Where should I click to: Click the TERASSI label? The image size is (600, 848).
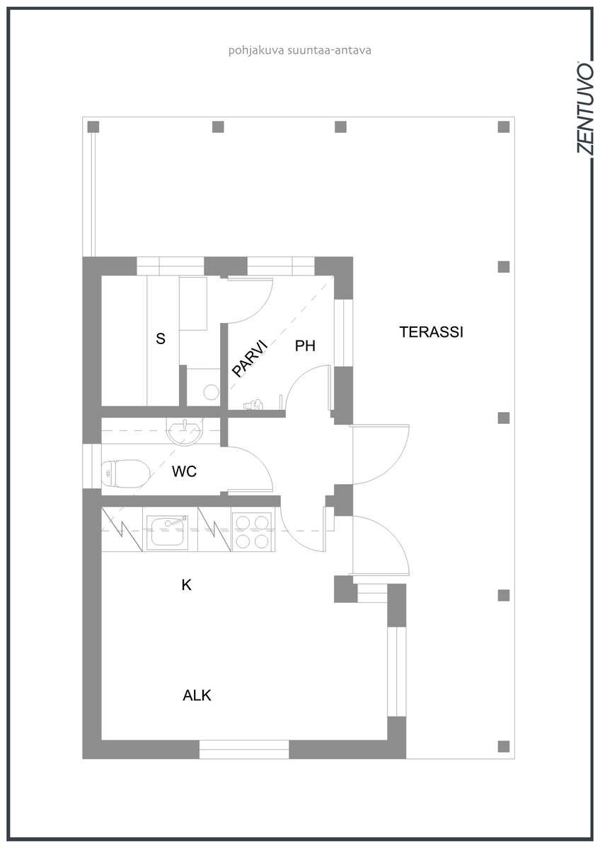coord(432,332)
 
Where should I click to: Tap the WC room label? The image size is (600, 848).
coord(184,471)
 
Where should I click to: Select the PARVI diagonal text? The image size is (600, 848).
coord(249,358)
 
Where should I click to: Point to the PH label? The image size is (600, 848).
coord(305,346)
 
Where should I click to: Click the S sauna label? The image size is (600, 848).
coord(161,338)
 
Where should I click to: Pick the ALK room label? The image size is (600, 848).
coord(197,695)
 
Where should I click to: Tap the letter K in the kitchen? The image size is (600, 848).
coord(186,585)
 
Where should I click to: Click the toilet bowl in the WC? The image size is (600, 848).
coord(125,473)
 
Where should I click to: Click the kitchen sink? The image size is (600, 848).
coord(169,531)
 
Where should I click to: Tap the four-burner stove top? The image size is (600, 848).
coord(252,532)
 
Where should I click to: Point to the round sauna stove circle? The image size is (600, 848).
coord(211,392)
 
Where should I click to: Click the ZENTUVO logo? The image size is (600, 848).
coord(585,108)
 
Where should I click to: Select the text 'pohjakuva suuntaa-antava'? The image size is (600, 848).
coord(300,51)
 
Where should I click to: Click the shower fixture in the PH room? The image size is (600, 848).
coord(253,404)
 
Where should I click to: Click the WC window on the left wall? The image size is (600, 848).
coord(92,466)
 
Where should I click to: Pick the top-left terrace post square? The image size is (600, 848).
coord(93,126)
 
